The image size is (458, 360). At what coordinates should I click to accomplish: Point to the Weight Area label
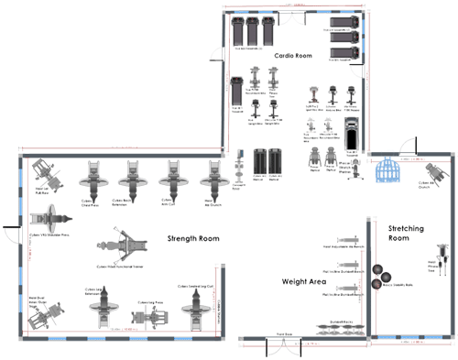point(305,283)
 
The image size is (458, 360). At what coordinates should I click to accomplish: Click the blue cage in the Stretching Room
point(391,170)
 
